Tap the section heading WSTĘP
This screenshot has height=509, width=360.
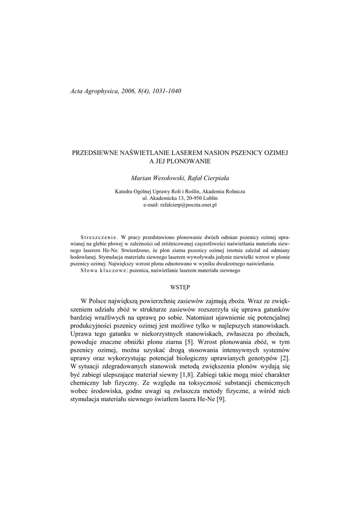(x=180, y=287)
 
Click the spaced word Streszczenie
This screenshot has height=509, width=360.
(x=99, y=238)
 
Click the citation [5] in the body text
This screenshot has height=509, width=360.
(x=189, y=342)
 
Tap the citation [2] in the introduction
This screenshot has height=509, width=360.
(x=284, y=359)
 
